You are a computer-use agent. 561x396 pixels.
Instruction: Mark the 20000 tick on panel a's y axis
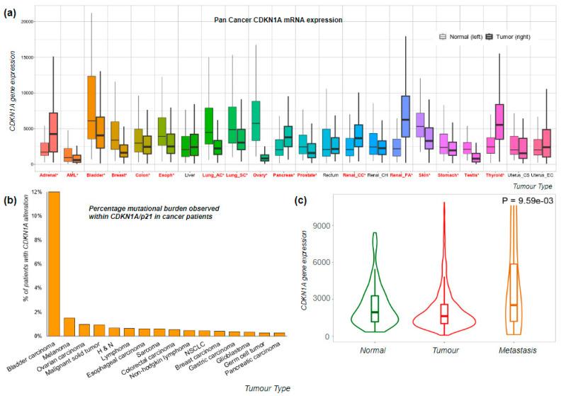[x=25, y=21]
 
